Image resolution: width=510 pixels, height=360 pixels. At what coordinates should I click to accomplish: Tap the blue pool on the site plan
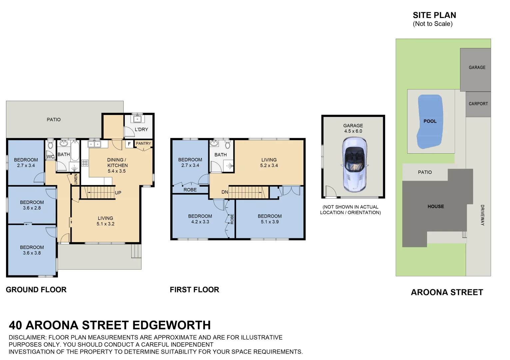tap(430, 122)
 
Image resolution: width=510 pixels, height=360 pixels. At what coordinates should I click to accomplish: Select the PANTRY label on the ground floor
tap(144, 143)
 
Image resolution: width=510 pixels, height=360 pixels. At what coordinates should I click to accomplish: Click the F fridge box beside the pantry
tap(129, 144)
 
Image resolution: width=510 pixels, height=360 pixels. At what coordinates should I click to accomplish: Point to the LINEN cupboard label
tap(76, 179)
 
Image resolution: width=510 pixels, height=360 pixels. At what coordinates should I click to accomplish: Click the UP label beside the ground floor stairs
tap(118, 193)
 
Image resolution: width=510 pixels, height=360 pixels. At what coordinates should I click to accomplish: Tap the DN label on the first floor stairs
tap(225, 192)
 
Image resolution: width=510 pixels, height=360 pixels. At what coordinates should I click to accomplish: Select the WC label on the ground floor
tap(50, 157)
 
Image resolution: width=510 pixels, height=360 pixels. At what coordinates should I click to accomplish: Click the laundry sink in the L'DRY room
tap(137, 119)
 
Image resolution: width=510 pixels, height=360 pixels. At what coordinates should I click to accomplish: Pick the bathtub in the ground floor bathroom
tap(75, 151)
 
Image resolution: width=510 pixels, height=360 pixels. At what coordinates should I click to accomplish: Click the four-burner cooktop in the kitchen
tap(85, 163)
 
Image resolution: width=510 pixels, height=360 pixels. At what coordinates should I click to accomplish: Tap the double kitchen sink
tap(95, 144)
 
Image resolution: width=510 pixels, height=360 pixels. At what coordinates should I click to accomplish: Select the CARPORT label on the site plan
tap(478, 104)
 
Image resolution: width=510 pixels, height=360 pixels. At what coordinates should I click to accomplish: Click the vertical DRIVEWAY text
tap(482, 215)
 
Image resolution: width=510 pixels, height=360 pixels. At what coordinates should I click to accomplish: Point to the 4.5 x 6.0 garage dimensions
tap(353, 131)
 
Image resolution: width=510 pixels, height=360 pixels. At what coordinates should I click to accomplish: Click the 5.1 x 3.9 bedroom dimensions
tap(270, 222)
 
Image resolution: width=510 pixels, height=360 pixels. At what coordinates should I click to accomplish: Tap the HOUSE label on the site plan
tap(436, 206)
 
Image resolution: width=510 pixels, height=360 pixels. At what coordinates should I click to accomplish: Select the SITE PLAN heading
tap(434, 15)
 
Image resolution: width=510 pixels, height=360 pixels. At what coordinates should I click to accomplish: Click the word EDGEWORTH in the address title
tap(172, 325)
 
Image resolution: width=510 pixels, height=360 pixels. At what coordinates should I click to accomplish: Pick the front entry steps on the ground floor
tap(136, 251)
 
